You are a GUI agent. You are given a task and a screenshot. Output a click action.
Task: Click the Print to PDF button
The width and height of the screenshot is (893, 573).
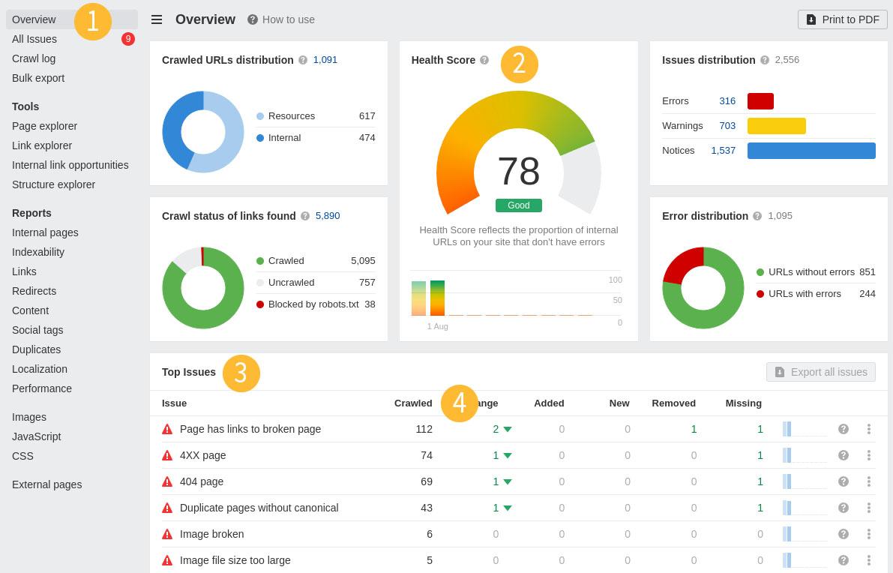[x=842, y=19]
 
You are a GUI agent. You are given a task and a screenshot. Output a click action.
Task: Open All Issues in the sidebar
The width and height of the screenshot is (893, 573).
[x=34, y=39]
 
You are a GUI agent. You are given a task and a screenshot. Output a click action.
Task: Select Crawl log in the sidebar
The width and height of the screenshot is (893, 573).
[x=34, y=58]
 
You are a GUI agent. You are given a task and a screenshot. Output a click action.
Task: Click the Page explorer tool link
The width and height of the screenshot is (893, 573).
[x=44, y=126]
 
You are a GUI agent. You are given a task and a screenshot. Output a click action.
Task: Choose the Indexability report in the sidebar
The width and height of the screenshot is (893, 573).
[x=38, y=252]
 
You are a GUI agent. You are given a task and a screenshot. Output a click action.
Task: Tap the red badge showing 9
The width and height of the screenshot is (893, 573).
[x=128, y=39]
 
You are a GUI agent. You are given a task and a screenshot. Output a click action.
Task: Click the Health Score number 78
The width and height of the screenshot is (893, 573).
[x=518, y=172]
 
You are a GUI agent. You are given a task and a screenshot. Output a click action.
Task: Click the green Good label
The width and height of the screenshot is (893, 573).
[x=518, y=205]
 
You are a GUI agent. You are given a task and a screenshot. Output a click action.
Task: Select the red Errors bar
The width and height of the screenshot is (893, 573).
[x=760, y=101]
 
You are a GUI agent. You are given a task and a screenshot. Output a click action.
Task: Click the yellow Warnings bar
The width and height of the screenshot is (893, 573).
[x=776, y=126]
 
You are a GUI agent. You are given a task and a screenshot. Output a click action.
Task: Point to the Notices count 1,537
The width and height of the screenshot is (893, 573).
[x=723, y=151]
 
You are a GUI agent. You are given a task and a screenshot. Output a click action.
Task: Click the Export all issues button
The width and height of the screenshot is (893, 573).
[x=820, y=372]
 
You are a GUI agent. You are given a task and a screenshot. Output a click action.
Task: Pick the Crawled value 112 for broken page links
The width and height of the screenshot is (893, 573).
[x=424, y=429]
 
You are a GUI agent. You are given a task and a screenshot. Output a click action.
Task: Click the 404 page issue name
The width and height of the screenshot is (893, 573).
[x=202, y=481]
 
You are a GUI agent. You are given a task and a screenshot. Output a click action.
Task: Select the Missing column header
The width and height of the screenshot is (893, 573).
[x=743, y=403]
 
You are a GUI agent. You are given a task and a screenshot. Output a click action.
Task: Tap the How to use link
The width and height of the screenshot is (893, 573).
[x=281, y=19]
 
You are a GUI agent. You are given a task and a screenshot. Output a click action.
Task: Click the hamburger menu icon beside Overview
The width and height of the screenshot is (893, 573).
[x=157, y=19]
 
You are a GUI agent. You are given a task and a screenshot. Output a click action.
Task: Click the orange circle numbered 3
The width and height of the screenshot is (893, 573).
[x=241, y=373]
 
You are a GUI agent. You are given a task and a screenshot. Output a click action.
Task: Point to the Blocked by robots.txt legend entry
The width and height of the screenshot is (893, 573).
[x=313, y=304]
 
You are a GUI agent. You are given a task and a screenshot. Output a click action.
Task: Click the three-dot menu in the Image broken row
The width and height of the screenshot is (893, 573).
[x=868, y=534]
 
